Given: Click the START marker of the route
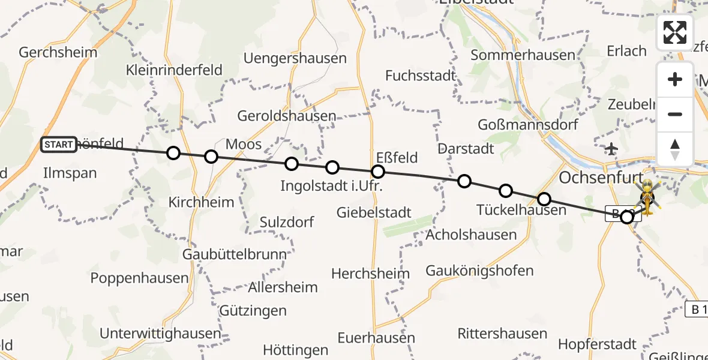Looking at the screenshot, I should [x=59, y=145].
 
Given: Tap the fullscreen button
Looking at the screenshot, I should [x=675, y=32].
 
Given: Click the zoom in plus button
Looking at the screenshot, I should [x=675, y=79].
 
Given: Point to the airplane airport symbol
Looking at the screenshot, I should [x=611, y=149].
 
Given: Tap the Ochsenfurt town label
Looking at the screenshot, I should [x=600, y=178].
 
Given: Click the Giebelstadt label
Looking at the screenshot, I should [x=374, y=212].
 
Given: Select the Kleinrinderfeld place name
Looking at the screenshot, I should [x=174, y=70].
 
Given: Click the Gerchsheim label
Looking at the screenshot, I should [x=58, y=52].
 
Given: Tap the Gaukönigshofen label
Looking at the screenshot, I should [x=479, y=271].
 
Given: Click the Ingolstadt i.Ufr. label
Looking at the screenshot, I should [x=331, y=186].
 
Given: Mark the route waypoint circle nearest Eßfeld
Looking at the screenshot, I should [x=378, y=172].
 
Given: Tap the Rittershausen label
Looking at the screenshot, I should [x=502, y=334].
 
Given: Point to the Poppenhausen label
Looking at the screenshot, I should [x=139, y=278].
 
